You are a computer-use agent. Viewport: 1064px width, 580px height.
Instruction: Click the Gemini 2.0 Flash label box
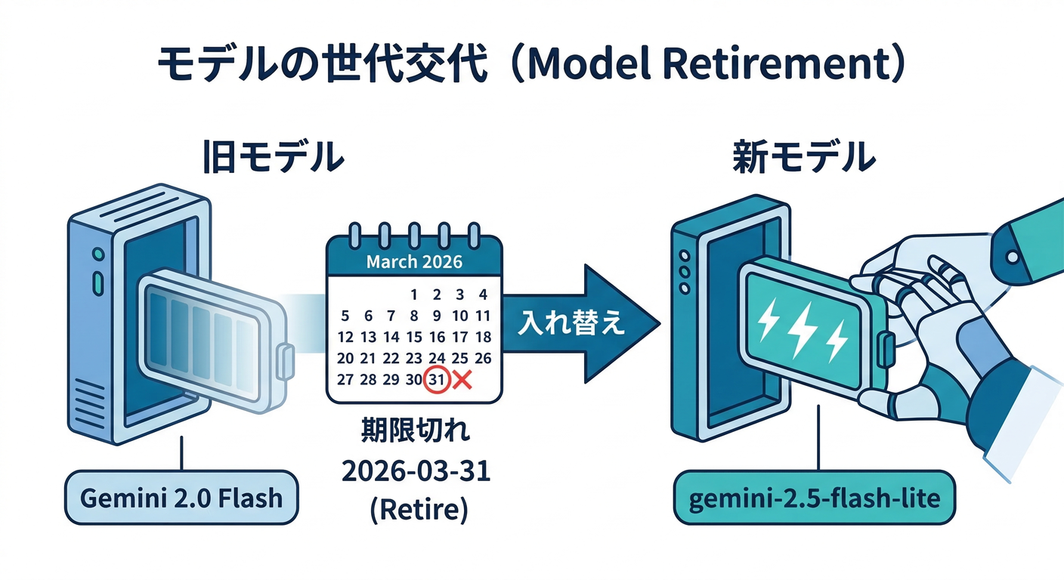click(181, 498)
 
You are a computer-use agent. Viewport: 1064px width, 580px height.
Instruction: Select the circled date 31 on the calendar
click(437, 380)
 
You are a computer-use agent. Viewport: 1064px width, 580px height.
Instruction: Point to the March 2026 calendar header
click(414, 262)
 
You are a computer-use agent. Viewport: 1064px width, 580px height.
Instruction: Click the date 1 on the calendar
click(414, 295)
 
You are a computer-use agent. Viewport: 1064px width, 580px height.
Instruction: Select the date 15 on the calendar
click(414, 337)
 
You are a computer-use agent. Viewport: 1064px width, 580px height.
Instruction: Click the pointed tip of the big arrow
click(656, 323)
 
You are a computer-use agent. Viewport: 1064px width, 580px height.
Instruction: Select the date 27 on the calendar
click(345, 380)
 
